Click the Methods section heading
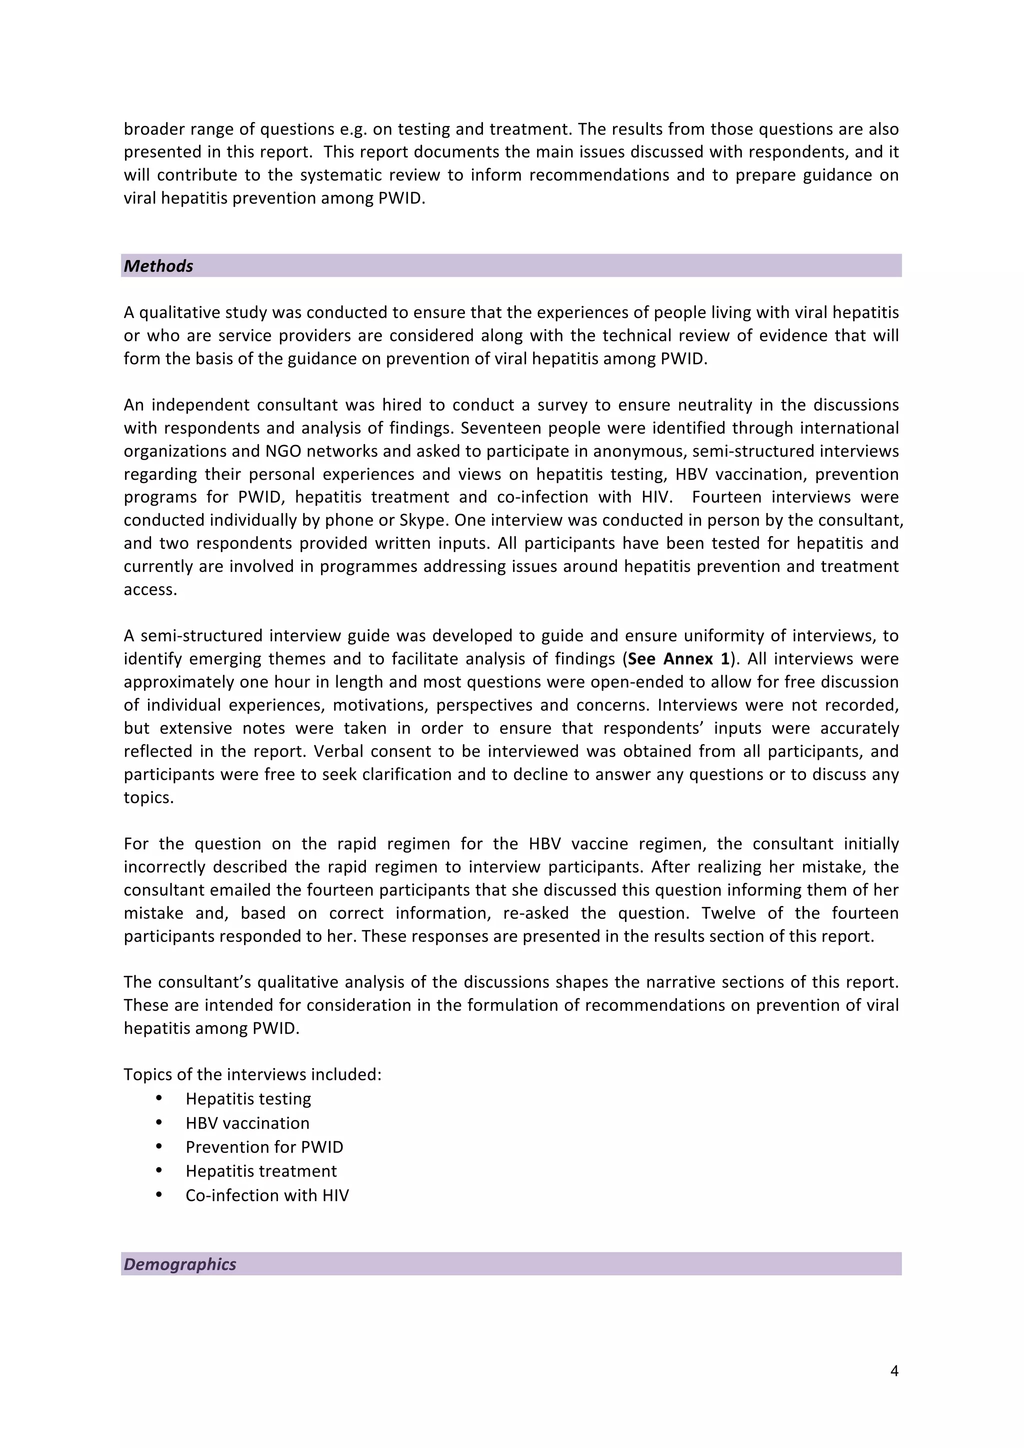158,266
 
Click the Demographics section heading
179,1264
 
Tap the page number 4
893,1370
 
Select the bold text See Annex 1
678,659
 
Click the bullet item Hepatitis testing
248,1098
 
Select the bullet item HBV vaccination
247,1122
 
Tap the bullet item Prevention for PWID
264,1146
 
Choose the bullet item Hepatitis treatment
261,1170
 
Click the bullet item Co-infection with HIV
266,1195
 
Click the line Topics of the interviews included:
252,1074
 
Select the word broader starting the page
149,129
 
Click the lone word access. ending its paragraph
150,589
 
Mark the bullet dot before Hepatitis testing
159,1098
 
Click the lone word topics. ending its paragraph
148,798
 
